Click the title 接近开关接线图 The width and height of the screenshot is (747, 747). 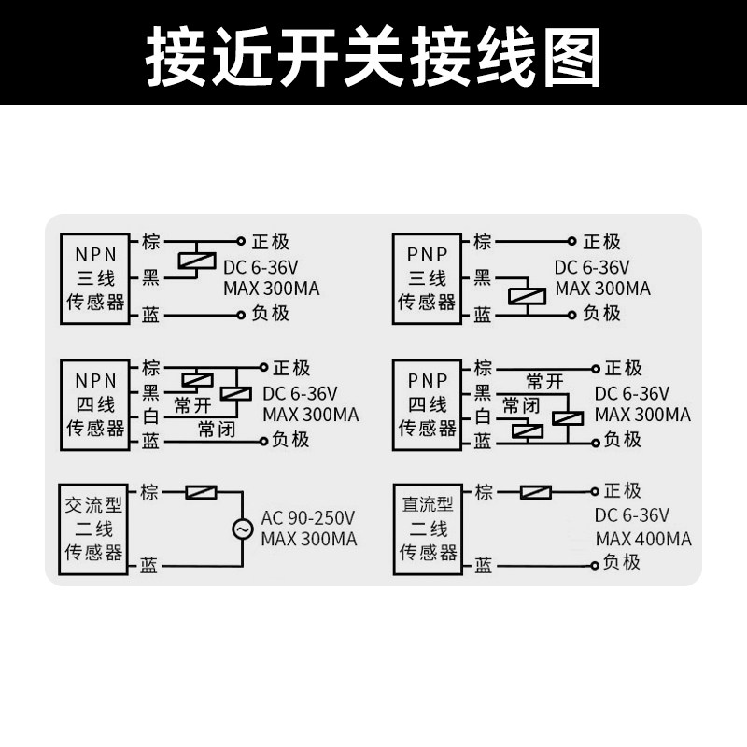click(x=373, y=53)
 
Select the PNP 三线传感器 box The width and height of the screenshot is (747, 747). click(x=427, y=278)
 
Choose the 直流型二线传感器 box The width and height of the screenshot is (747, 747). click(x=427, y=529)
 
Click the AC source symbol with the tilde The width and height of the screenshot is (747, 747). click(x=243, y=529)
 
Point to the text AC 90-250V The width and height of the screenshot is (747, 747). click(x=308, y=517)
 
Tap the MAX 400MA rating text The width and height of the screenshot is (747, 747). click(x=643, y=539)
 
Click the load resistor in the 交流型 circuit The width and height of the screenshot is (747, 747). click(x=201, y=492)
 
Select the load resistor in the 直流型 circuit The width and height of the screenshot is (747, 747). click(x=535, y=492)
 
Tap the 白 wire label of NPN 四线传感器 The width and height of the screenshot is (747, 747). click(x=150, y=416)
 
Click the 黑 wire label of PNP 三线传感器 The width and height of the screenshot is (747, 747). click(x=482, y=277)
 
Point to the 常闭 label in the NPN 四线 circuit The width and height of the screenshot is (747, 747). click(x=216, y=429)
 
